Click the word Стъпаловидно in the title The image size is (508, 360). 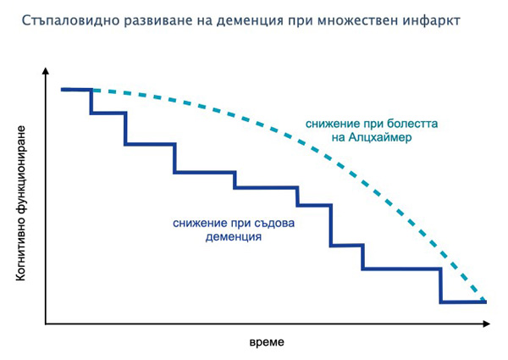coord(70,21)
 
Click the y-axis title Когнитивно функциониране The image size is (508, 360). coord(20,203)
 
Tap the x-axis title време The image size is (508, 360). coord(267,342)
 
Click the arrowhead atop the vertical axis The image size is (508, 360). coord(46,71)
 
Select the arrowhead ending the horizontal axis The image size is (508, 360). coord(486,324)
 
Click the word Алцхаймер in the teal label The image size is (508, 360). coord(379,137)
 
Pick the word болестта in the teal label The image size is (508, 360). coord(412,124)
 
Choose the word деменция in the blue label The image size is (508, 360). coord(234,237)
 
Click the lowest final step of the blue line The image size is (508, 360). coord(463,302)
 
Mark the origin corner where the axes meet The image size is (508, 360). coord(46,324)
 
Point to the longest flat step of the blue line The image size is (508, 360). coord(401,269)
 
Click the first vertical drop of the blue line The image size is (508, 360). coord(91,101)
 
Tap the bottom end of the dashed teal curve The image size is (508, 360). coord(483,299)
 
